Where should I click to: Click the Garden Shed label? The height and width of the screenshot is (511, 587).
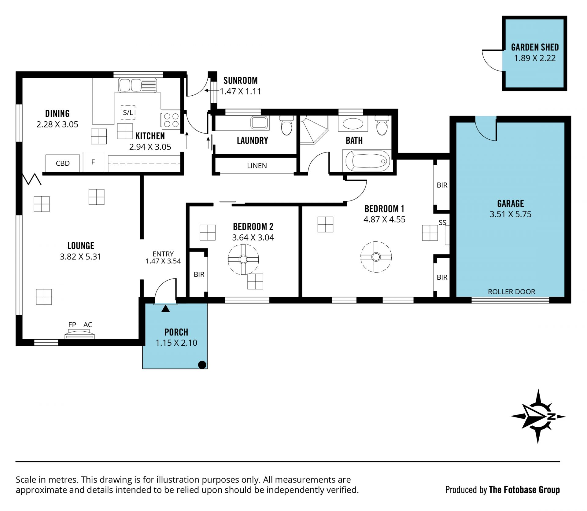[x=535, y=47]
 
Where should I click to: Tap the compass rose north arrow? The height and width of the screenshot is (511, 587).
[x=538, y=416]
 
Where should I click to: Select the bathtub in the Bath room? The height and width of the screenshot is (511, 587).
[x=367, y=161]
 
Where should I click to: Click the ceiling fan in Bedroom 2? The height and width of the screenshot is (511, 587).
[x=243, y=259]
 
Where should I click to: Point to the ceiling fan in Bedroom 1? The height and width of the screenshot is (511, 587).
[x=376, y=257]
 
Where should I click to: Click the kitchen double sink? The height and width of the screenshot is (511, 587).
[x=138, y=85]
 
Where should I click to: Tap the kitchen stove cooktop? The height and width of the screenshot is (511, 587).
[x=171, y=120]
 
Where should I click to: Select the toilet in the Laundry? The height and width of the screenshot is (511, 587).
[x=287, y=125]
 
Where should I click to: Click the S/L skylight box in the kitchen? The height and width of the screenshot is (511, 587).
[x=128, y=112]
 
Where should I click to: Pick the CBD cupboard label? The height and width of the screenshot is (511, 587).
[x=63, y=163]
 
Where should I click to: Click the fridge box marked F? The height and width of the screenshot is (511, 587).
[x=93, y=162]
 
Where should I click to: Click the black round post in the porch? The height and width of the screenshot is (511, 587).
[x=202, y=365]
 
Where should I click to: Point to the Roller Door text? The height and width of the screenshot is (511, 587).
[x=511, y=292]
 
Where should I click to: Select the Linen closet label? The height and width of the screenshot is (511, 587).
[x=257, y=166]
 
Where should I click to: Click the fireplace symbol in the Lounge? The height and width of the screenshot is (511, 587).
[x=79, y=334]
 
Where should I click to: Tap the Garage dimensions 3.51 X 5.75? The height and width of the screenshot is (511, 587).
[x=511, y=214]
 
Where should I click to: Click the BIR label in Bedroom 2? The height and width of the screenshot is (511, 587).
[x=199, y=274]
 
